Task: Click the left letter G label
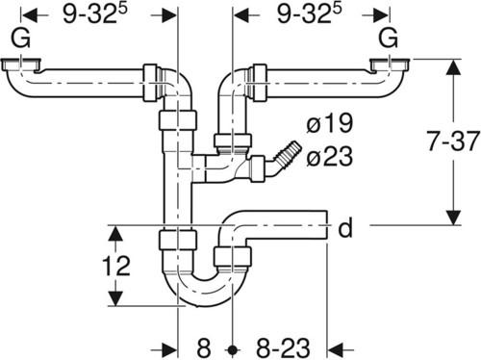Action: tap(21, 39)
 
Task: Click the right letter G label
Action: tap(389, 39)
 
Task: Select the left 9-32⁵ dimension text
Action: tap(95, 13)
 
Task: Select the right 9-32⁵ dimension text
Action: tap(310, 13)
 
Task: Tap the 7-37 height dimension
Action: tap(453, 141)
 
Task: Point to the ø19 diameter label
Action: tap(329, 123)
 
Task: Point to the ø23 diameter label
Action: tap(329, 157)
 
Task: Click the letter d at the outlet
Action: tap(345, 227)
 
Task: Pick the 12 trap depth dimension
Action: tap(116, 266)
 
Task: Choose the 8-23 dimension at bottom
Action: tap(283, 347)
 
